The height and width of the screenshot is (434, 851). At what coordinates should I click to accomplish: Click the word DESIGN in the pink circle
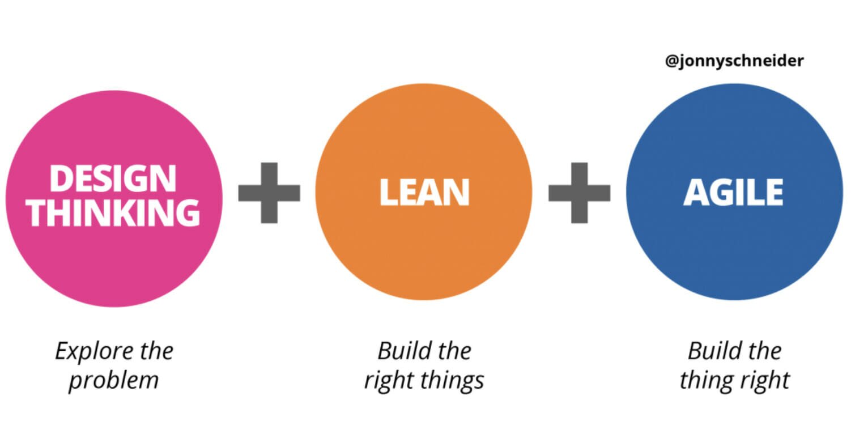pyautogui.click(x=113, y=178)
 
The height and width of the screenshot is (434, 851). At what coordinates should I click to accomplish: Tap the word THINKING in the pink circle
pyautogui.click(x=114, y=212)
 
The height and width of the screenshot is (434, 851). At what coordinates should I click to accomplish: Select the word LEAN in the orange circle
pyautogui.click(x=424, y=193)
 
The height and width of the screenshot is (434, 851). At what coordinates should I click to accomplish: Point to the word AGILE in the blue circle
pyautogui.click(x=734, y=193)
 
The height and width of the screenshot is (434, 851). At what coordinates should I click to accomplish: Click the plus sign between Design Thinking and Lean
pyautogui.click(x=269, y=193)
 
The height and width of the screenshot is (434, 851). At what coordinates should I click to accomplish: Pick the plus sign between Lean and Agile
pyautogui.click(x=579, y=193)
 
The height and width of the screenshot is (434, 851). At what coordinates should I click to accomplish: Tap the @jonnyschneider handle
pyautogui.click(x=734, y=61)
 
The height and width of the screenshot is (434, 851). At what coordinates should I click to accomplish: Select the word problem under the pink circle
pyautogui.click(x=113, y=380)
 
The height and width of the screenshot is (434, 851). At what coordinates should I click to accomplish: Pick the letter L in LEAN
pyautogui.click(x=387, y=193)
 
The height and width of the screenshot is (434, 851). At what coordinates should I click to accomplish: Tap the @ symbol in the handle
pyautogui.click(x=672, y=61)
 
